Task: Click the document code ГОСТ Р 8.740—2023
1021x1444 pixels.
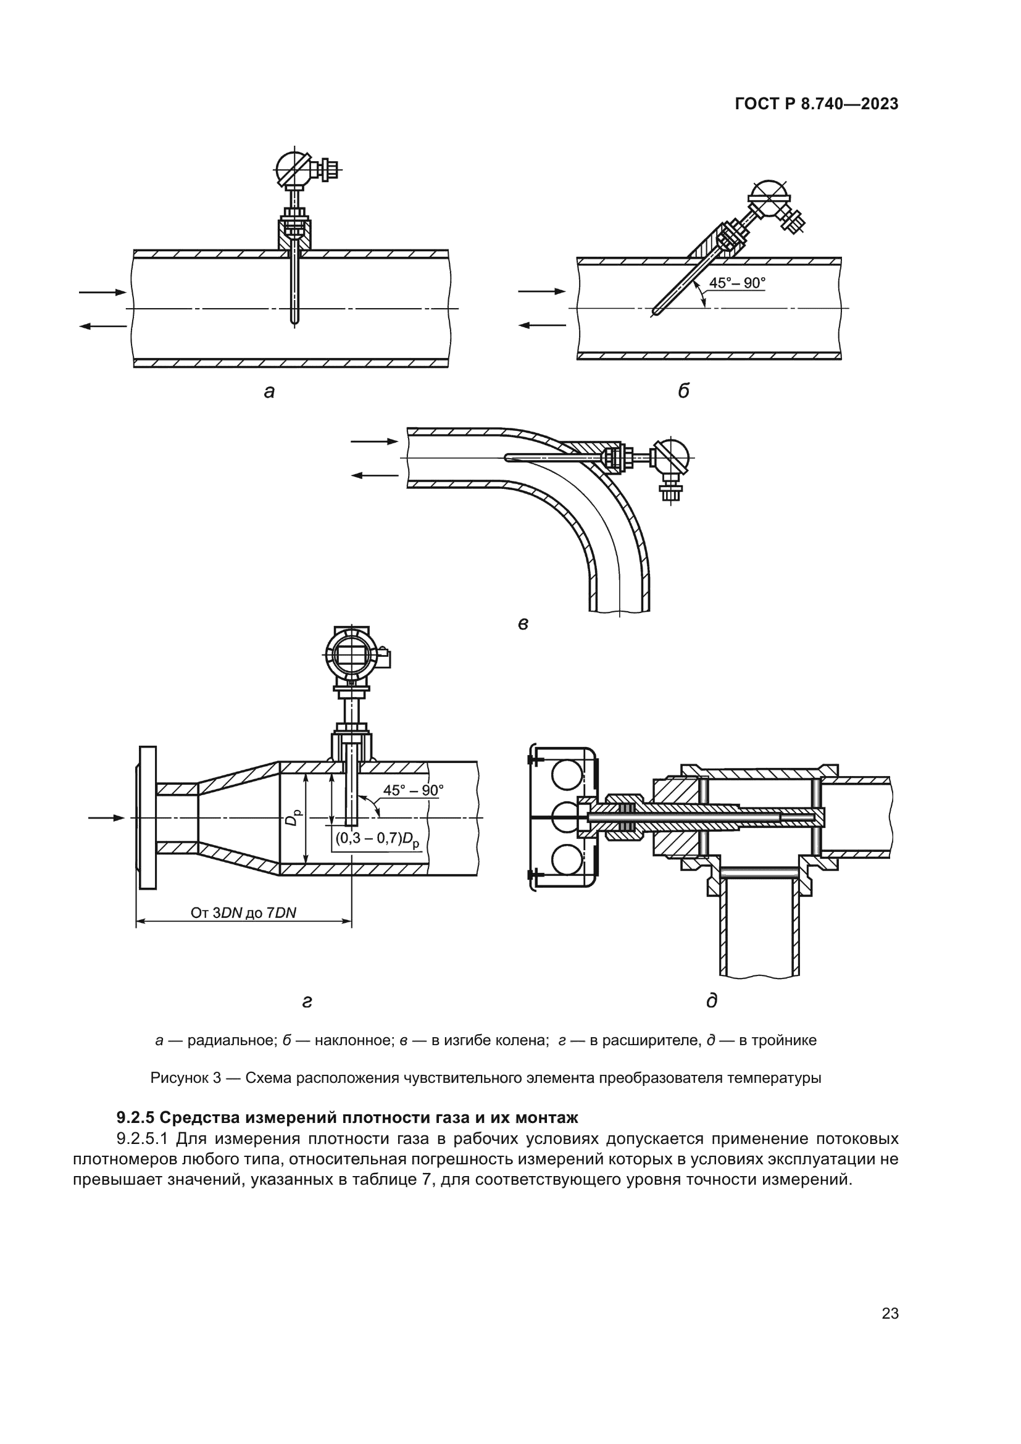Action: (x=816, y=104)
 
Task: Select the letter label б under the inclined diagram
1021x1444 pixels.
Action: (x=683, y=391)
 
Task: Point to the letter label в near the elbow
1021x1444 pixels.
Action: (x=522, y=624)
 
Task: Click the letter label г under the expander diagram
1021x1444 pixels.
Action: (x=307, y=1001)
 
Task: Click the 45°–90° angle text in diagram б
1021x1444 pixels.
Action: (x=738, y=283)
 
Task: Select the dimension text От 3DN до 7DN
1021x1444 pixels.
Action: (x=243, y=912)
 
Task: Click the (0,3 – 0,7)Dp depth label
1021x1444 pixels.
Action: (x=377, y=839)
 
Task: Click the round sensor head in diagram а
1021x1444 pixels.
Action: (x=294, y=168)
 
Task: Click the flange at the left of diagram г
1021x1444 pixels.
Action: (x=148, y=817)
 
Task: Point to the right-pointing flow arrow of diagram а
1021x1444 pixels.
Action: (x=102, y=293)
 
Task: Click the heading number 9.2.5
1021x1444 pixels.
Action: (x=136, y=1117)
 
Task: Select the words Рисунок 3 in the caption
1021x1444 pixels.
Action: (x=185, y=1078)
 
